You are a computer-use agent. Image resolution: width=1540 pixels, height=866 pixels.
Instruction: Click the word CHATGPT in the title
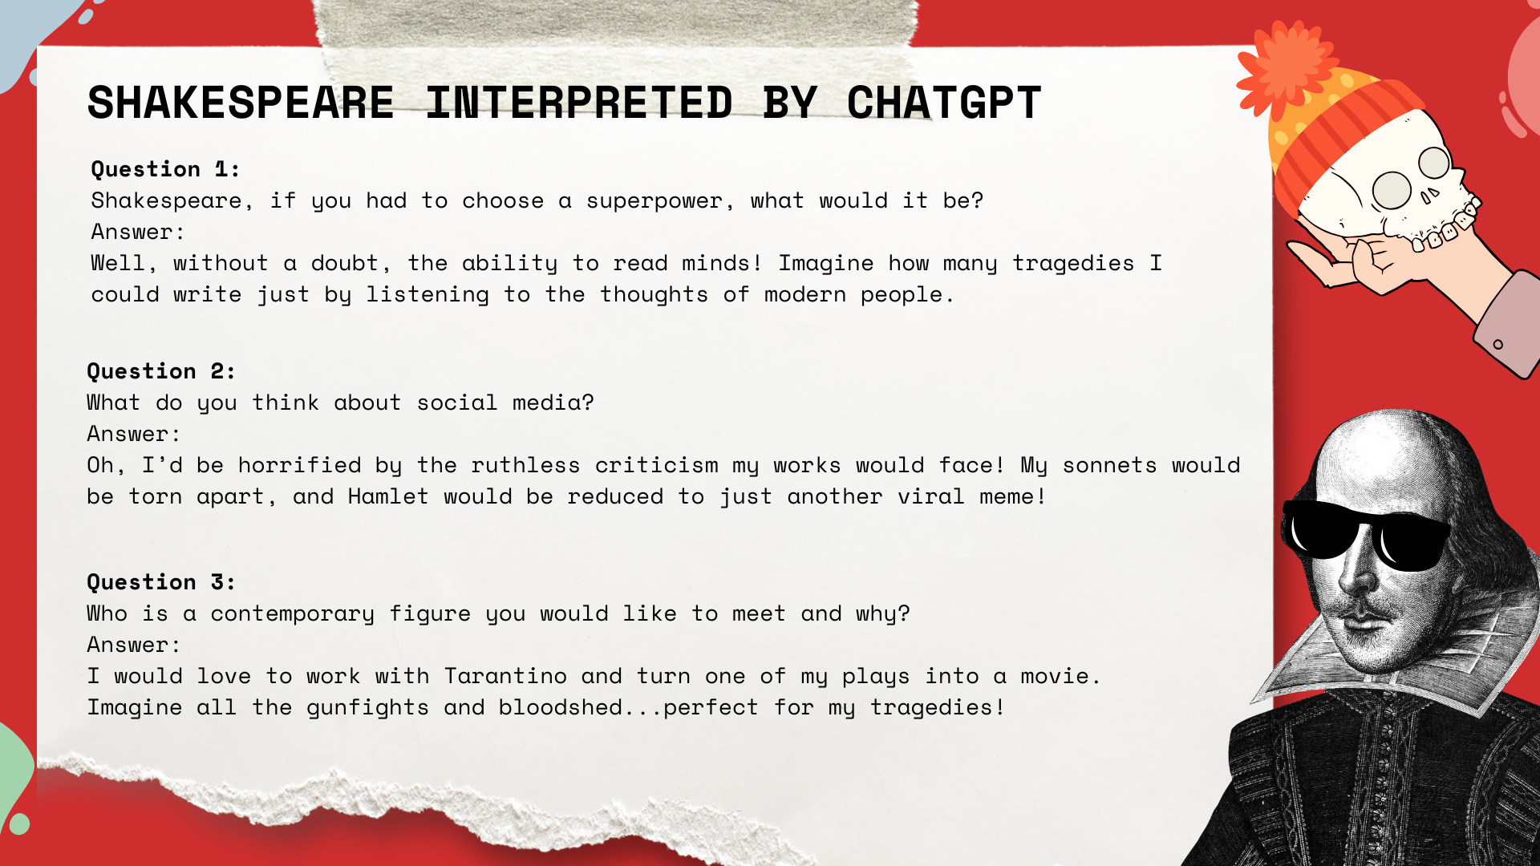tap(944, 103)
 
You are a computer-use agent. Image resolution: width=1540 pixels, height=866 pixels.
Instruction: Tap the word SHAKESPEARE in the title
tap(241, 103)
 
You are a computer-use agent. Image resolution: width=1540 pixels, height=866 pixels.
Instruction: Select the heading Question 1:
tap(165, 169)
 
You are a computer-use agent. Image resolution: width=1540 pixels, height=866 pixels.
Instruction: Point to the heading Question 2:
tap(161, 371)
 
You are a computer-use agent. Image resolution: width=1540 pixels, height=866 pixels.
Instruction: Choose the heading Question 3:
tap(161, 582)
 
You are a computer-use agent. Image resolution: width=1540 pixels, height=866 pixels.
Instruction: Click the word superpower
tap(654, 201)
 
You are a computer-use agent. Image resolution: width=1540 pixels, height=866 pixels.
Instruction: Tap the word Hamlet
tap(388, 496)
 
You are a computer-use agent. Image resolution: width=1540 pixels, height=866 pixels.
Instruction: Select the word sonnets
tap(1109, 466)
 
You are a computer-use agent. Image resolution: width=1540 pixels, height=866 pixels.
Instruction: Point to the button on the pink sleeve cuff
tap(1497, 345)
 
